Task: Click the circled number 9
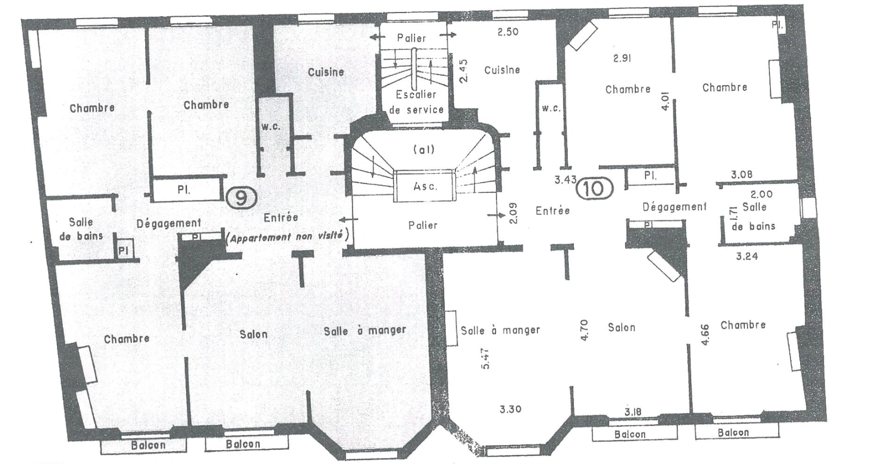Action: (x=241, y=198)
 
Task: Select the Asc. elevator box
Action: (x=425, y=186)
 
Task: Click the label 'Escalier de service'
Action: (x=416, y=102)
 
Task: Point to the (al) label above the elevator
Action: (x=424, y=149)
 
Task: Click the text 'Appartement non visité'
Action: (x=287, y=237)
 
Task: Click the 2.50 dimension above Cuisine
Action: (x=507, y=32)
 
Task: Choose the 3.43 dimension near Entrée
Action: (x=565, y=180)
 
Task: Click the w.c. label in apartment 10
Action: (x=551, y=109)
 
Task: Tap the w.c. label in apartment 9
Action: (x=271, y=126)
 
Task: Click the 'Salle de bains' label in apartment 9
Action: (x=82, y=229)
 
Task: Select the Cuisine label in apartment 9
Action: (x=326, y=72)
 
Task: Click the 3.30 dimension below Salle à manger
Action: (x=511, y=409)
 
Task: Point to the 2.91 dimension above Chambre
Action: (x=622, y=58)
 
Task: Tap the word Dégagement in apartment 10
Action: (x=674, y=207)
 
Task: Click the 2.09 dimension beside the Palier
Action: (x=512, y=213)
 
